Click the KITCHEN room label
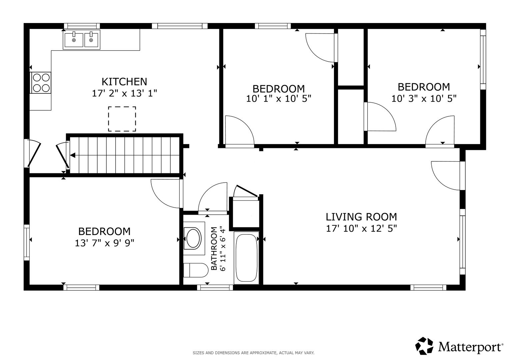pyautogui.click(x=124, y=82)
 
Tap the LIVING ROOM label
pyautogui.click(x=361, y=217)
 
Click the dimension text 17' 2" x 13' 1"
pyautogui.click(x=124, y=93)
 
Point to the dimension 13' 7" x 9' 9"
pyautogui.click(x=105, y=243)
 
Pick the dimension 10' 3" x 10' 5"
pyautogui.click(x=424, y=99)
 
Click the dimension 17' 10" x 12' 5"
pyautogui.click(x=361, y=228)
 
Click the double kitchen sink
pyautogui.click(x=82, y=40)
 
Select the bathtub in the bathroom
pyautogui.click(x=247, y=258)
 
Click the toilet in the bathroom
pyautogui.click(x=196, y=270)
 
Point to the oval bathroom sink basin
pyautogui.click(x=193, y=239)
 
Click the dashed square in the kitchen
pyautogui.click(x=122, y=119)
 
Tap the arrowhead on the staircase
pyautogui.click(x=73, y=155)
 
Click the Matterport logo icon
pyautogui.click(x=424, y=346)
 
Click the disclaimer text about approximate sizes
pyautogui.click(x=254, y=353)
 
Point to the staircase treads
pyautogui.click(x=125, y=155)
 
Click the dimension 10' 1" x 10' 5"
pyautogui.click(x=279, y=99)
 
